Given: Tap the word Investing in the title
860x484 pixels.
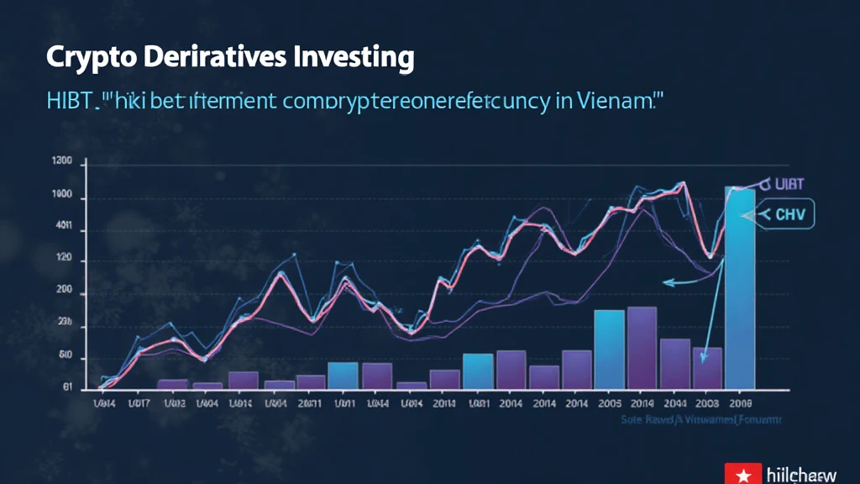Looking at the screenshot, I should (x=355, y=59).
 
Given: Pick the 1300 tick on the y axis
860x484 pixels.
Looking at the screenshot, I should (x=63, y=164).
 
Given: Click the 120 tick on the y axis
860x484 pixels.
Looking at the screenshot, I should (x=65, y=260).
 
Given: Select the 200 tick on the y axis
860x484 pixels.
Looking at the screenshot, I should (x=65, y=294).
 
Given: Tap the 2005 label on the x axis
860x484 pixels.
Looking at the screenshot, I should (x=608, y=403).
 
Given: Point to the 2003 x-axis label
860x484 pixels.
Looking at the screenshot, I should (x=707, y=403).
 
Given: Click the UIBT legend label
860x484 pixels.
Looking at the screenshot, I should (x=789, y=184).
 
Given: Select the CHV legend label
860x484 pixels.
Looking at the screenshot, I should (x=789, y=215).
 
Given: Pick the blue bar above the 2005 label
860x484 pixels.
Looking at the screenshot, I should (x=609, y=349).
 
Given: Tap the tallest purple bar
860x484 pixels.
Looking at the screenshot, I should (x=642, y=347).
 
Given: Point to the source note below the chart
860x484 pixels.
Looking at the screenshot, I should (x=700, y=419).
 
